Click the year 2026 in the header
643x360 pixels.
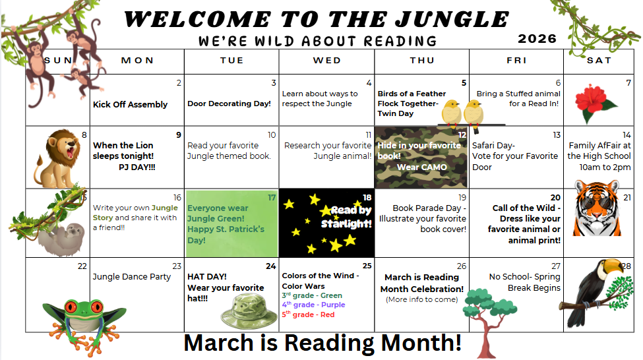pos(537,39)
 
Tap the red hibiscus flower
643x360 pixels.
pos(596,100)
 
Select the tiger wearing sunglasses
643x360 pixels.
pos(596,209)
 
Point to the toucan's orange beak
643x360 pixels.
pos(611,266)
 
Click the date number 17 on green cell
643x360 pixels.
pos(271,197)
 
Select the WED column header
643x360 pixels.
pos(327,60)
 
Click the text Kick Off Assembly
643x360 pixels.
pos(130,104)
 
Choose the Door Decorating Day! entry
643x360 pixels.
pos(229,104)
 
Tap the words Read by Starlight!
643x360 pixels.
pos(347,217)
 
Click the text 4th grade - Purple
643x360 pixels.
pos(313,305)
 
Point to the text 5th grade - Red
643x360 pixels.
pos(308,315)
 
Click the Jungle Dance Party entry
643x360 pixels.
pos(131,277)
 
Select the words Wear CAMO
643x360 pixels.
pos(421,167)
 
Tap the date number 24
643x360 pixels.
pos(270,266)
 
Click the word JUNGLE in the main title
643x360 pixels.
pos(449,19)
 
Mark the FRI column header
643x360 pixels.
pos(516,60)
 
